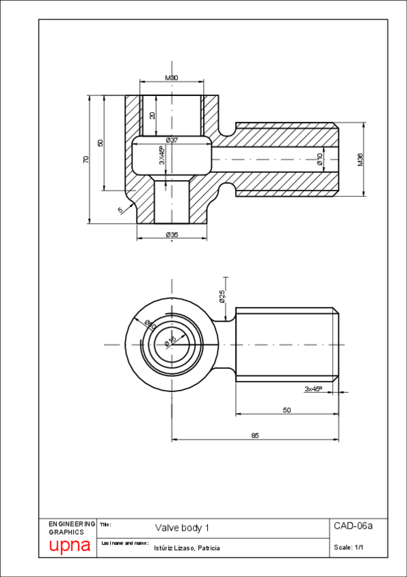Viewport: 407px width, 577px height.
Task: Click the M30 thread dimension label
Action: click(171, 78)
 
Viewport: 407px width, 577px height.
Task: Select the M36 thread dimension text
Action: click(361, 160)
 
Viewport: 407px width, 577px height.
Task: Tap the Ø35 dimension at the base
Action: click(171, 235)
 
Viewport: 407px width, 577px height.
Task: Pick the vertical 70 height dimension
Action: click(86, 159)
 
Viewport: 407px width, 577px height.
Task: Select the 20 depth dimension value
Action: click(153, 115)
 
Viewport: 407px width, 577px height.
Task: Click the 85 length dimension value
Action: click(255, 435)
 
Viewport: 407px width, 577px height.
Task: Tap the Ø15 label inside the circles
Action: click(171, 340)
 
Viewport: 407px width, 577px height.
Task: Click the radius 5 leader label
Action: click(120, 210)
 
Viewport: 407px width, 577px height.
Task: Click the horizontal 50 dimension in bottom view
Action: click(287, 410)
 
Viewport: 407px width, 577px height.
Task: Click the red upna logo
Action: click(69, 546)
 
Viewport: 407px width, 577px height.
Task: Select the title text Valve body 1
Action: click(182, 527)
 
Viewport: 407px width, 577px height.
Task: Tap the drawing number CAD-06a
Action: click(353, 526)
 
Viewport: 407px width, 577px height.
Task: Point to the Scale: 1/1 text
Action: click(349, 547)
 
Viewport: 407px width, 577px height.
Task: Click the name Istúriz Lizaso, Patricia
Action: click(187, 548)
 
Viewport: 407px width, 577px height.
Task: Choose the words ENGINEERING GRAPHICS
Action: click(72, 527)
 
